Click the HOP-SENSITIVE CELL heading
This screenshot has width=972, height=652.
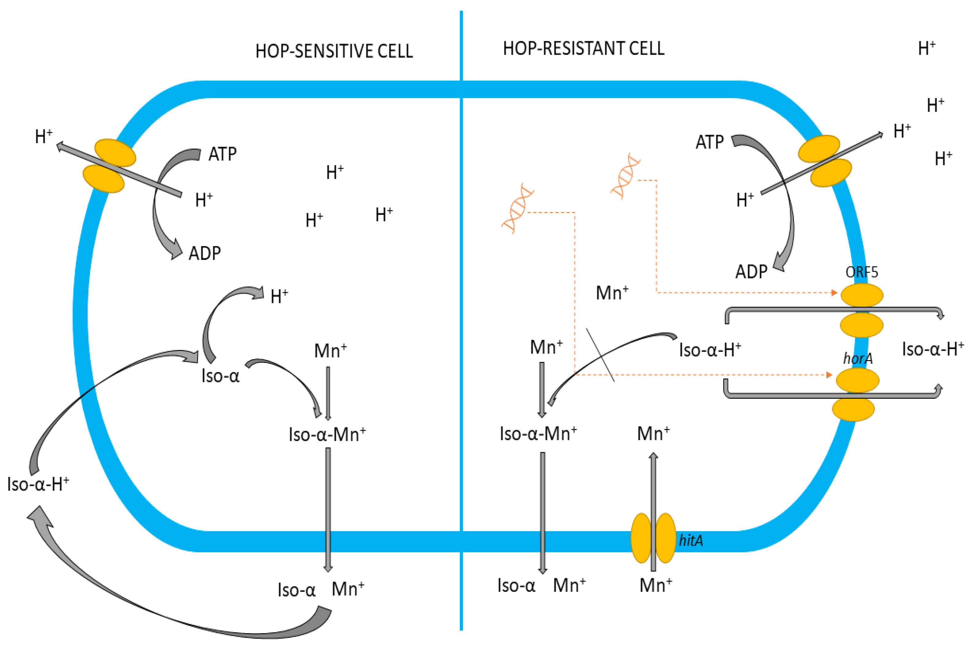(334, 51)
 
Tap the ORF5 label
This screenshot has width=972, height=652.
(861, 272)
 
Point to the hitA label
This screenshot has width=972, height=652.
(691, 540)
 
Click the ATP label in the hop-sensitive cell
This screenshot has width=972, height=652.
(222, 154)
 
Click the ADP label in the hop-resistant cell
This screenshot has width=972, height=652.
(751, 272)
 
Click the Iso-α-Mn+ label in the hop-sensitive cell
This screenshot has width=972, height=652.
(327, 434)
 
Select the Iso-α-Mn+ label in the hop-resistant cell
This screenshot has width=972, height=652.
(538, 434)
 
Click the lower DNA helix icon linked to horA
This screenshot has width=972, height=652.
(517, 208)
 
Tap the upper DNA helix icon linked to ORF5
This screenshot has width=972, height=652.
(625, 176)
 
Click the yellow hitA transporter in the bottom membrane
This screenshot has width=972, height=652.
(653, 538)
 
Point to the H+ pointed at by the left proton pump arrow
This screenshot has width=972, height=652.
(44, 136)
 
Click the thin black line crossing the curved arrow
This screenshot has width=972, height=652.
(600, 355)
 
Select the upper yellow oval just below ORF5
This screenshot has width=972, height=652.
(861, 295)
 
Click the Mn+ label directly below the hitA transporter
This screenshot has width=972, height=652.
(655, 585)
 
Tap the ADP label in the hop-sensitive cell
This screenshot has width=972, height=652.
(205, 253)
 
